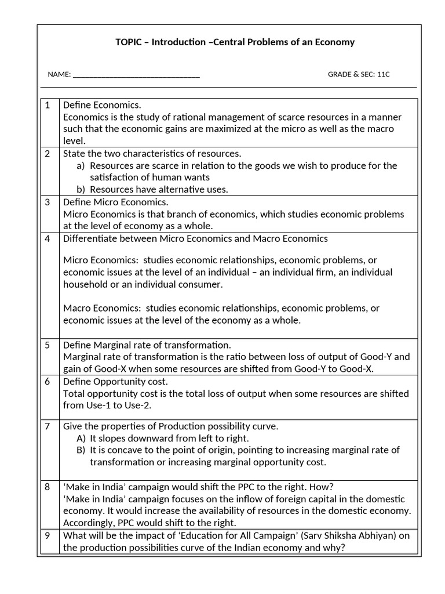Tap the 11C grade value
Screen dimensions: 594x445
pyautogui.click(x=384, y=74)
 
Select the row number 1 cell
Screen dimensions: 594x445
pyautogui.click(x=48, y=105)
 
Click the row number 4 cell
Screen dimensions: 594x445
pyautogui.click(x=48, y=238)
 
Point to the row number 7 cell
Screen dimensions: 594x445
pyautogui.click(x=48, y=426)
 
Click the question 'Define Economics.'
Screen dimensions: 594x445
pyautogui.click(x=102, y=105)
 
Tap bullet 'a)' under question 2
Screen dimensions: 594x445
pyautogui.click(x=81, y=166)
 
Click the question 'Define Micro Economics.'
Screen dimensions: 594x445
pyautogui.click(x=115, y=202)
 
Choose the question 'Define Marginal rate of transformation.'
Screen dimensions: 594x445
pyautogui.click(x=147, y=345)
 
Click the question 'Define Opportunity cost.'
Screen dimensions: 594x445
pyautogui.click(x=115, y=382)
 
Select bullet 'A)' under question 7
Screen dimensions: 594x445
pyautogui.click(x=81, y=439)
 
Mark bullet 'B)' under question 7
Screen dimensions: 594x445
pyautogui.click(x=81, y=450)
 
